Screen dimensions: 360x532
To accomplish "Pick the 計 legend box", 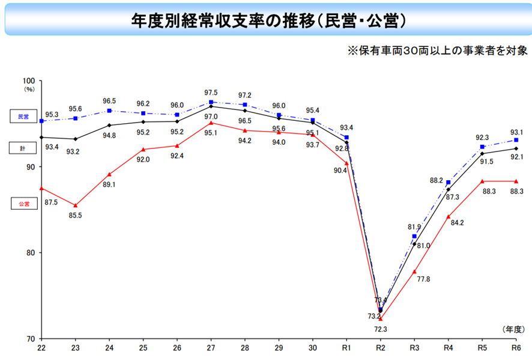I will (x=23, y=147).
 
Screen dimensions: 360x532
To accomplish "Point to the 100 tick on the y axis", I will (x=29, y=81).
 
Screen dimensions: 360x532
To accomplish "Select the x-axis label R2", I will (x=380, y=348).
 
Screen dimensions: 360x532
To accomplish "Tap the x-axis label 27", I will (x=211, y=348).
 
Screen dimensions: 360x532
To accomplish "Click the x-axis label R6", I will (x=515, y=348).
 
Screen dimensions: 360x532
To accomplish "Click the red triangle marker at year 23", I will (x=75, y=206).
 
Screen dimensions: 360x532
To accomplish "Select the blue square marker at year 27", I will (x=211, y=102).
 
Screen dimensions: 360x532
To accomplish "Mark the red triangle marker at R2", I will (x=380, y=319).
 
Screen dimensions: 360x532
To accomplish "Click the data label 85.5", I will (x=76, y=215).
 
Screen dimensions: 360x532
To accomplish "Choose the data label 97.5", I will (x=211, y=93).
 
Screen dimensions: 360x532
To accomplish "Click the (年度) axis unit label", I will (x=514, y=328).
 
